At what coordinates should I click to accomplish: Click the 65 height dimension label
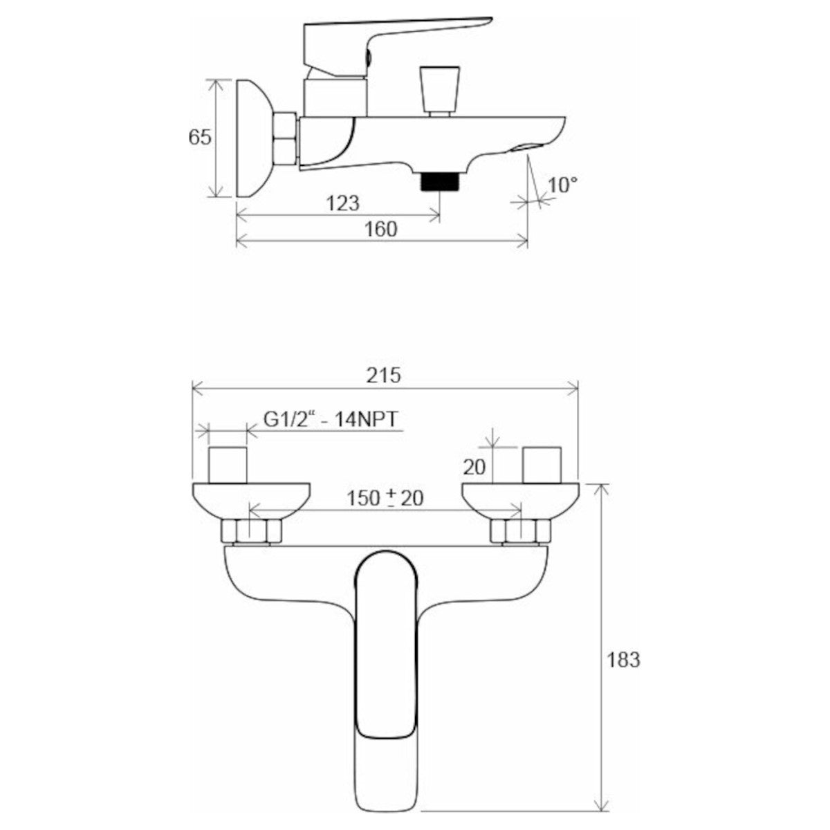click(200, 137)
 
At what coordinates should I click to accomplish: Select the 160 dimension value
click(382, 228)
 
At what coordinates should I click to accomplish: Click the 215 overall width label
click(384, 375)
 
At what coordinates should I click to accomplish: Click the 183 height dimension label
click(624, 659)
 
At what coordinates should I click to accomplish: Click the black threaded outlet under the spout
click(440, 181)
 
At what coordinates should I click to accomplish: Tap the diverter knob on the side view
click(440, 89)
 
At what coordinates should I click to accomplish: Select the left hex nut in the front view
click(251, 532)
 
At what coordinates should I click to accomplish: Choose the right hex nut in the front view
click(520, 532)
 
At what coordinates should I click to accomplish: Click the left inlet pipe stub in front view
click(228, 464)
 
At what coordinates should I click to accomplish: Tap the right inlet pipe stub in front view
click(544, 464)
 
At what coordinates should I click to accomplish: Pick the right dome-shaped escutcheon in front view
click(519, 498)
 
